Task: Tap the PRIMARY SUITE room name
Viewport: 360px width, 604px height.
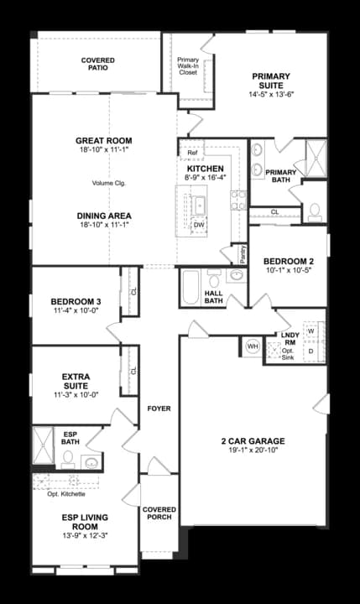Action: click(x=271, y=81)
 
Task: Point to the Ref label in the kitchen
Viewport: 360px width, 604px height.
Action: click(x=192, y=153)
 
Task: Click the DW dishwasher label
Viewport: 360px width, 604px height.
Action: click(x=199, y=225)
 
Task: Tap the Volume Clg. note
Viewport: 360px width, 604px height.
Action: click(x=108, y=182)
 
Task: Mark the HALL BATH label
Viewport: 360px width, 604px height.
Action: click(x=213, y=297)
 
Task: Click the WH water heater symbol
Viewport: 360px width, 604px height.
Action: click(x=251, y=345)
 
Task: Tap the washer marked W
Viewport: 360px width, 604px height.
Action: click(x=312, y=331)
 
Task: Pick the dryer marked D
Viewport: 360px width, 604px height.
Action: click(x=312, y=351)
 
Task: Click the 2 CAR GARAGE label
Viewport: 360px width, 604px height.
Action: click(x=253, y=441)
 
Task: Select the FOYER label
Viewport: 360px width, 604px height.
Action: click(x=159, y=409)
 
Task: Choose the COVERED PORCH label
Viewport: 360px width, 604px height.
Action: click(x=159, y=513)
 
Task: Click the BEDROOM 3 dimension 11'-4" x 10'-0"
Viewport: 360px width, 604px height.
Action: click(x=76, y=311)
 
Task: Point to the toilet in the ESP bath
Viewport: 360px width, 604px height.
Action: click(x=68, y=458)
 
